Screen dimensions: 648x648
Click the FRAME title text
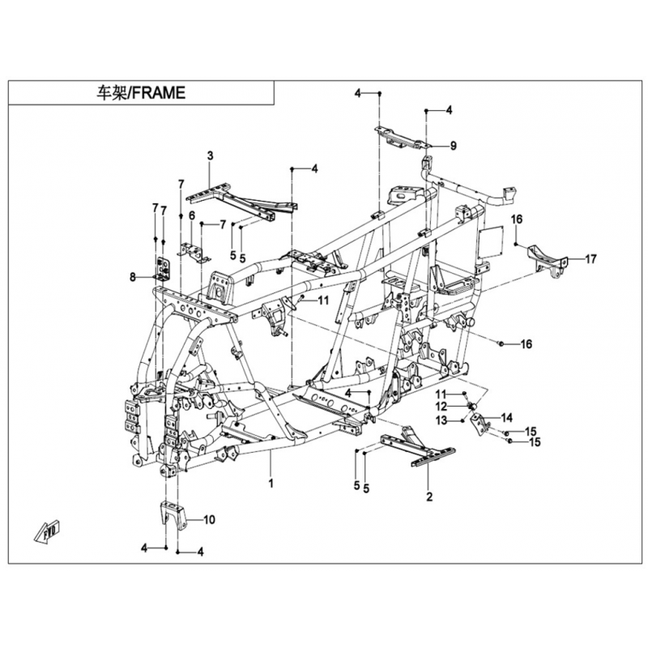(140, 93)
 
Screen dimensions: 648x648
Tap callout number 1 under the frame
(271, 483)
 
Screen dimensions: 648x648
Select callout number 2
(429, 497)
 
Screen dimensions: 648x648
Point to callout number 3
(211, 156)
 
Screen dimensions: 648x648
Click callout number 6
(192, 215)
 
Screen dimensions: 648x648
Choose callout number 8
(133, 277)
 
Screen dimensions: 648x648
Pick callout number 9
(454, 146)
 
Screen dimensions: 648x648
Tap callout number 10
(210, 519)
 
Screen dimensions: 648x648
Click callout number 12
(441, 407)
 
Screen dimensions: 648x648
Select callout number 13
(441, 420)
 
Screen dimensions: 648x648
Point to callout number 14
(507, 418)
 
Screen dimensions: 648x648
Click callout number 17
(591, 259)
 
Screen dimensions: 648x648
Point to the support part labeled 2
(417, 446)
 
